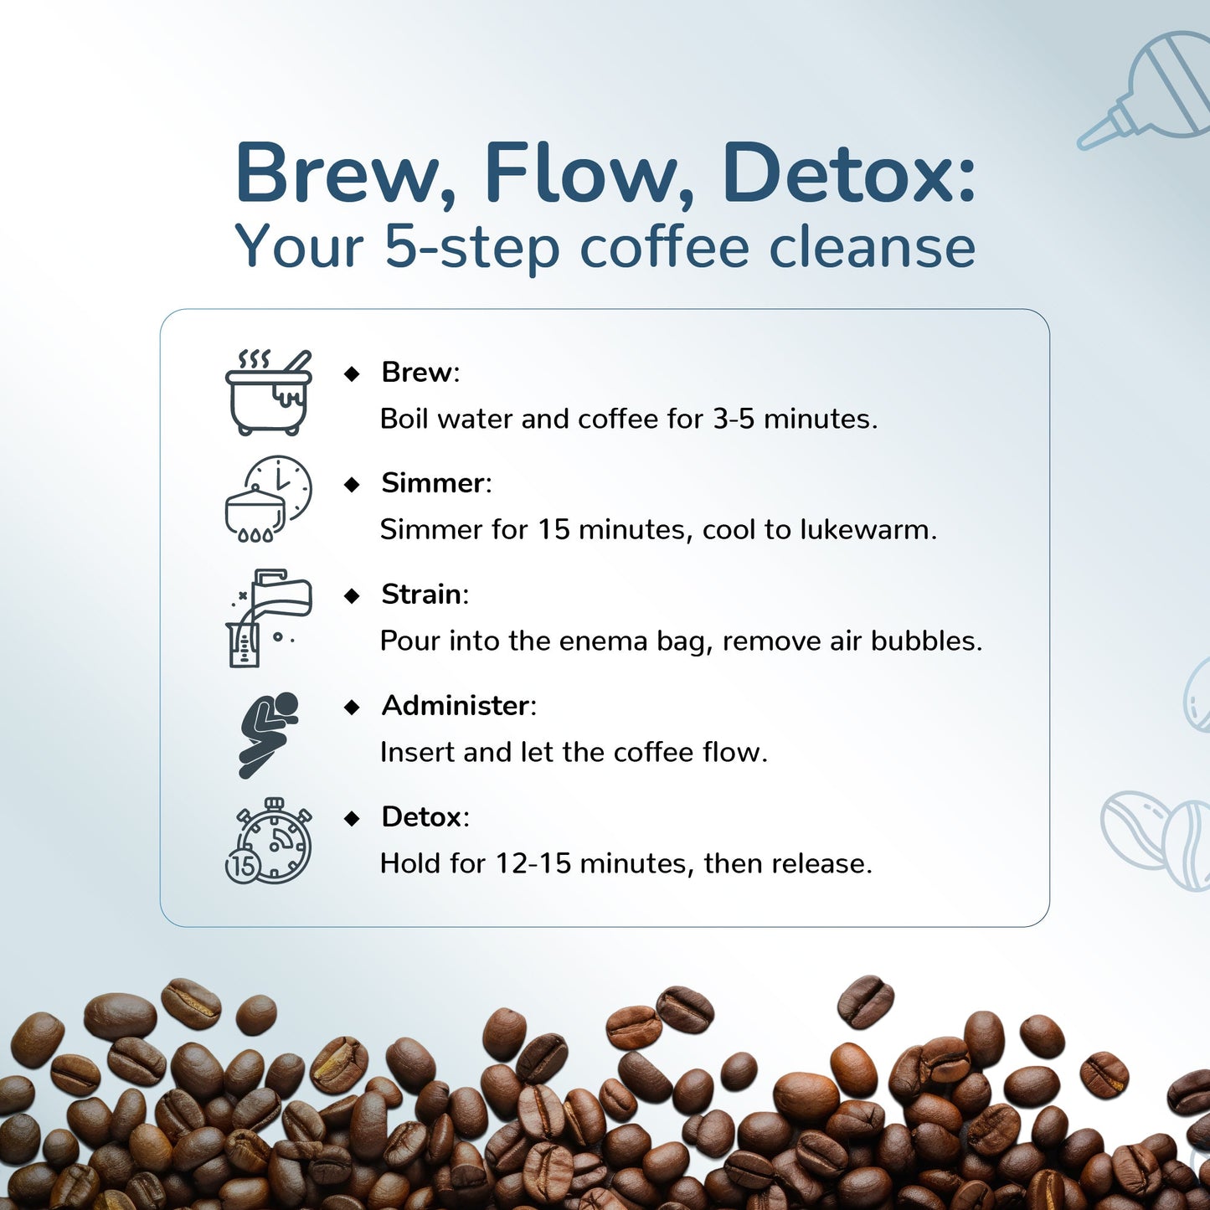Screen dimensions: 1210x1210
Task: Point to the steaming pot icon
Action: tap(269, 392)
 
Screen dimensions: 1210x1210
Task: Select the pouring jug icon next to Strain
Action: tap(269, 618)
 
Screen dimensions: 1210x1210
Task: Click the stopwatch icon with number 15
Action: tap(269, 842)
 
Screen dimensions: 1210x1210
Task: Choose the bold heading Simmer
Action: tap(432, 483)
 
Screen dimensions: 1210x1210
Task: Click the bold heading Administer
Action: tap(455, 706)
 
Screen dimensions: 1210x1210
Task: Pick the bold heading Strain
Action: tap(421, 595)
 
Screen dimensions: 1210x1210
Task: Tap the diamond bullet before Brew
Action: tap(352, 373)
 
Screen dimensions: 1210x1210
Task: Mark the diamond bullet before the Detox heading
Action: tap(352, 818)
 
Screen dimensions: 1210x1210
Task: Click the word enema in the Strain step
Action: tap(603, 641)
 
